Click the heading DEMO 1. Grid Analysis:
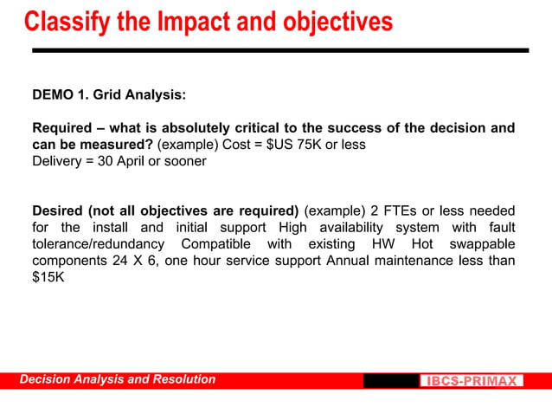pyautogui.click(x=108, y=94)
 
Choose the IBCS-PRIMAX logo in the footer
pyautogui.click(x=472, y=381)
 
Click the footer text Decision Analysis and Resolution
pyautogui.click(x=118, y=379)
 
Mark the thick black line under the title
pyautogui.click(x=279, y=50)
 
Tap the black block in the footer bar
pyautogui.click(x=390, y=381)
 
